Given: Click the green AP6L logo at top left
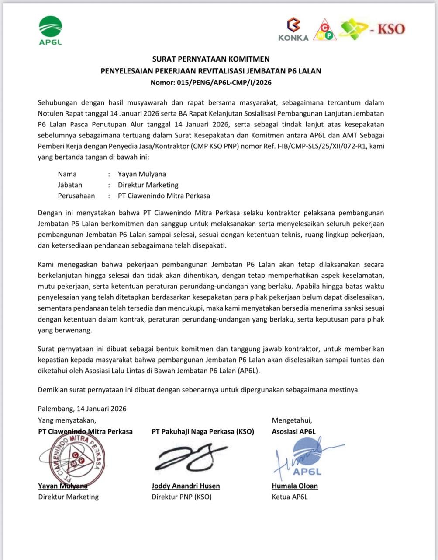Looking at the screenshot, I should coord(50,30).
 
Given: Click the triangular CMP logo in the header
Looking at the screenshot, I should coord(325,30).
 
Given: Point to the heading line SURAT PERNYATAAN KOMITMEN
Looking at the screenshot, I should coord(211,59).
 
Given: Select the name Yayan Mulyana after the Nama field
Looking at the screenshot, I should coord(142,174).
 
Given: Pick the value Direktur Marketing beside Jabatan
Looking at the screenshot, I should coord(148,185).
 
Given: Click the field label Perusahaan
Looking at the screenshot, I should coord(76,196).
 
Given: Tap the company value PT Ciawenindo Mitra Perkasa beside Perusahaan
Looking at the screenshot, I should coord(164,196).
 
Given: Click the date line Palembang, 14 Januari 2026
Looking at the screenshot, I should coord(82,409).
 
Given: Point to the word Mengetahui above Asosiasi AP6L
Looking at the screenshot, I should coord(292,420).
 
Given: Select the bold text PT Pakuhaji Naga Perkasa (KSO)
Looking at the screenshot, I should coord(203,431).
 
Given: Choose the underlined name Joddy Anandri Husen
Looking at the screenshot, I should coord(186,486).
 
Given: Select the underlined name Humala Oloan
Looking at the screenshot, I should coord(295,486).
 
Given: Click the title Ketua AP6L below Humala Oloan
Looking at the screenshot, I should coord(290,497).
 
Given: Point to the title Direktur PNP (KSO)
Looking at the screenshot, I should coord(182,497).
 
